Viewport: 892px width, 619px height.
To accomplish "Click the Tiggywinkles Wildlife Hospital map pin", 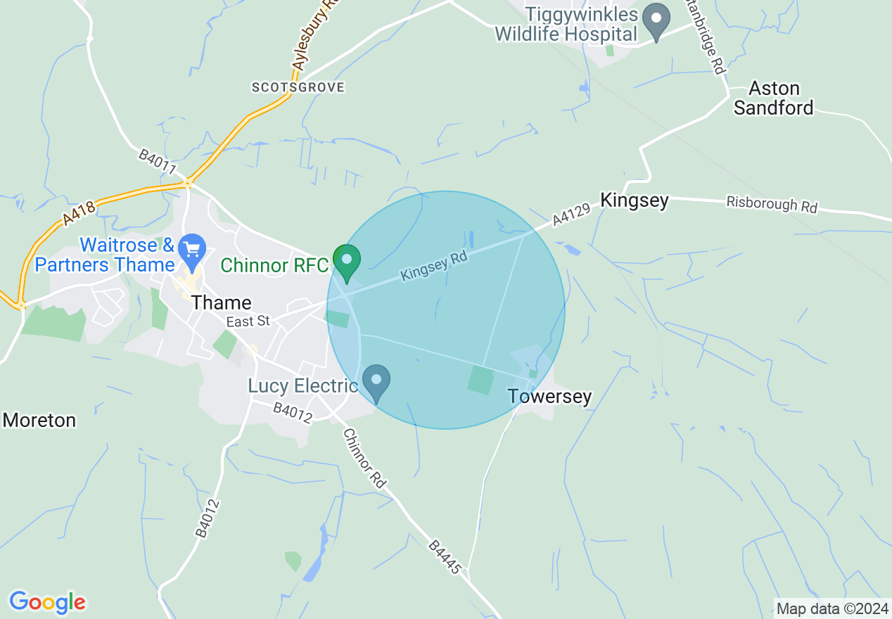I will [x=657, y=20].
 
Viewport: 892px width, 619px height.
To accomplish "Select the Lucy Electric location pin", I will [x=376, y=382].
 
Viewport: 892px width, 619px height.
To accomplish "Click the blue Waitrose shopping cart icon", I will [x=191, y=250].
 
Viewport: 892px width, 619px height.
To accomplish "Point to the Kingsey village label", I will [x=634, y=200].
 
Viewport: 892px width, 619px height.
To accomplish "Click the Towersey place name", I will [x=549, y=397].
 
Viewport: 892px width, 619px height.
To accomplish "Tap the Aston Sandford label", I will [x=774, y=98].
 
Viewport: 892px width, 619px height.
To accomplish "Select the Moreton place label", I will [x=39, y=421].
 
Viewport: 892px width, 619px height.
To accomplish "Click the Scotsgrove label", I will [x=298, y=87].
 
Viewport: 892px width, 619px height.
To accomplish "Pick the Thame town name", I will [x=222, y=303].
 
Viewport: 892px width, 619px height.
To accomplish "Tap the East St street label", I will [x=248, y=321].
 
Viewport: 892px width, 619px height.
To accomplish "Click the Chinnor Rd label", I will [x=365, y=458].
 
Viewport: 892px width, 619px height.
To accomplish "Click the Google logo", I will [x=47, y=602].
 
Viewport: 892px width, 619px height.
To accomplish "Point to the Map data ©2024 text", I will [x=831, y=608].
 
